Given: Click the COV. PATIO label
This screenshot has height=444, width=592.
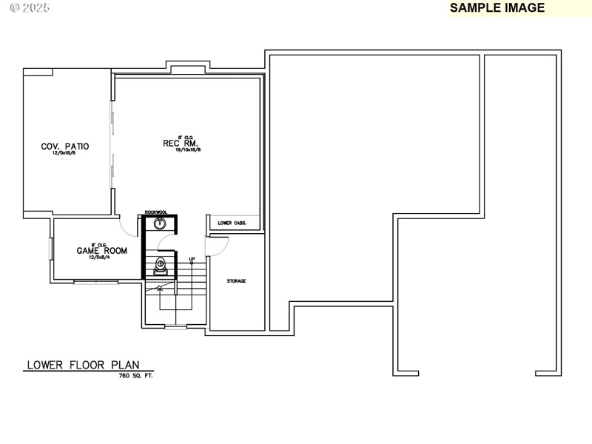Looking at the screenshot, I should (x=65, y=147).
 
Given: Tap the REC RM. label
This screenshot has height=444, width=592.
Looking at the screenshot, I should (x=181, y=143).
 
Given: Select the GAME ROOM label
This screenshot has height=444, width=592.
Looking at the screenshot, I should (x=102, y=251).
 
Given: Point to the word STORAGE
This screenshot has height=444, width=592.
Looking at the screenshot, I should (x=237, y=281).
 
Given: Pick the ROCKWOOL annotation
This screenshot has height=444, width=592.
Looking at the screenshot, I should (x=156, y=212).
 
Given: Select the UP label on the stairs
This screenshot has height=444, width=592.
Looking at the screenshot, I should (x=192, y=260).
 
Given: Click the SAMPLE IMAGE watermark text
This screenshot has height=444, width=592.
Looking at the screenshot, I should (x=497, y=8).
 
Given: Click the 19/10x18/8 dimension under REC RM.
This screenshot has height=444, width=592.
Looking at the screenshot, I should (x=188, y=150).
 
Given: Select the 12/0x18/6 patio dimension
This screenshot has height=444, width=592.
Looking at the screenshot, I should (x=65, y=154).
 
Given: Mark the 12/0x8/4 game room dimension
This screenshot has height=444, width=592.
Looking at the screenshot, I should (x=102, y=258).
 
